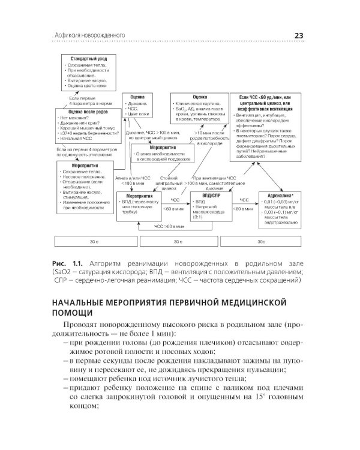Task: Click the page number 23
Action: pos(298,35)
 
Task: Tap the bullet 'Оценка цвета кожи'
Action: pos(90,86)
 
